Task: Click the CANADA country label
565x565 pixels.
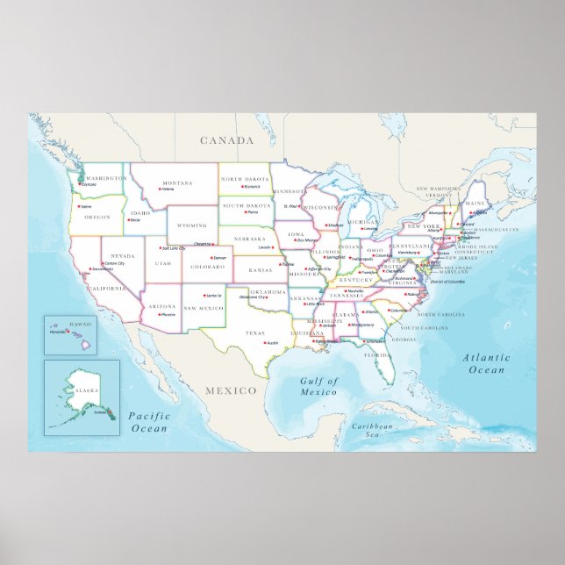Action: (x=226, y=140)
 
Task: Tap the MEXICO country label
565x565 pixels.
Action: (x=230, y=389)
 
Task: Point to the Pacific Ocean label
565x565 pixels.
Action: (x=148, y=421)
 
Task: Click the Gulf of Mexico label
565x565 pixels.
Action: (x=318, y=387)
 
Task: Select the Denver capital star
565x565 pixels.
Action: (x=211, y=258)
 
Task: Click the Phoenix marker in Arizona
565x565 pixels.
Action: (x=159, y=313)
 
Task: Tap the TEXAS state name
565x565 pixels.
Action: (x=254, y=333)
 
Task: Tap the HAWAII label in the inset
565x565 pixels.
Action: (x=57, y=324)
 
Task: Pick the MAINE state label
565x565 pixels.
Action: (x=475, y=204)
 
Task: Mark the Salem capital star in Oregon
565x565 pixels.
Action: (x=80, y=206)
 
